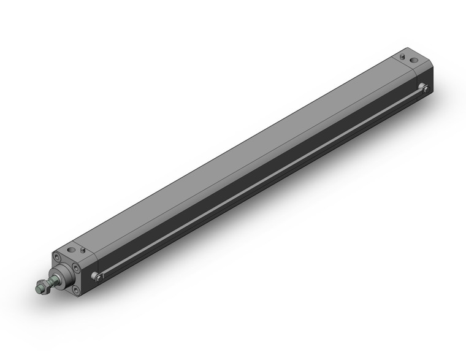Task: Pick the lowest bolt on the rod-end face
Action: [75, 287]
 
